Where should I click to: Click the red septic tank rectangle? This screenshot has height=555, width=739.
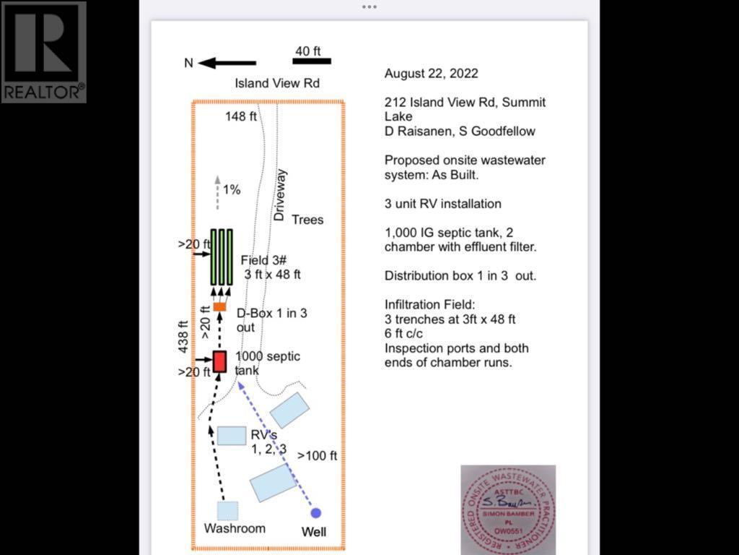220,361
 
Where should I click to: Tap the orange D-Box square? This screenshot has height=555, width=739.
220,307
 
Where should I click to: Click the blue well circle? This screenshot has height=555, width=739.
315,513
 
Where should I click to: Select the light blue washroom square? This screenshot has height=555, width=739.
227,511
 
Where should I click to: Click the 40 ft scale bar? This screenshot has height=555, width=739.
312,61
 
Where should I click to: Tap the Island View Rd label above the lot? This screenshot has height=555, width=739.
277,83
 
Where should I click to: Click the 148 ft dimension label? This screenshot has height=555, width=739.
241,116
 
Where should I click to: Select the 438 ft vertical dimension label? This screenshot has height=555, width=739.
183,338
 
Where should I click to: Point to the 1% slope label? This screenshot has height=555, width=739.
232,190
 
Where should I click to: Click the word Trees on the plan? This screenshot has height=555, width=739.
307,219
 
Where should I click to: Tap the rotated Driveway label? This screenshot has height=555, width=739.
281,195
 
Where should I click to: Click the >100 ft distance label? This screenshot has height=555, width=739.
317,456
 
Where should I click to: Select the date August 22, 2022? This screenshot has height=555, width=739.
431,74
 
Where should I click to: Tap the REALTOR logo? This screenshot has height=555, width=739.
43,52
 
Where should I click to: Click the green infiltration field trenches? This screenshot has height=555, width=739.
222,257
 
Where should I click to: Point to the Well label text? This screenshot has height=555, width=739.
313,533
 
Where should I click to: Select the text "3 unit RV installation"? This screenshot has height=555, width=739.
442,204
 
